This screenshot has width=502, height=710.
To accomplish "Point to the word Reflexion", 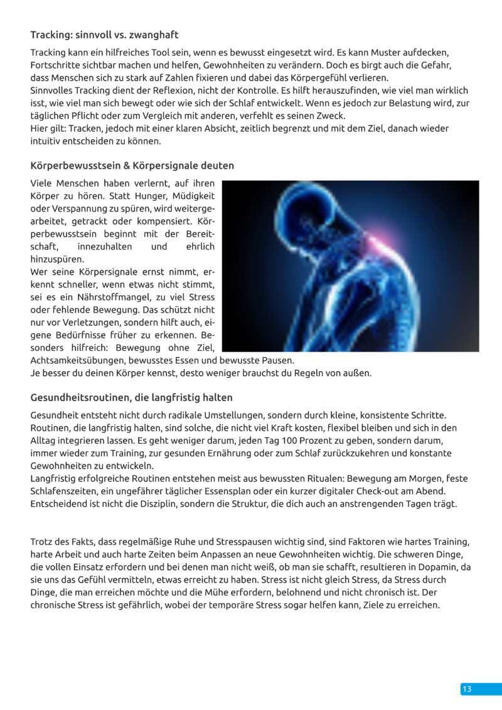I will coord(163,90).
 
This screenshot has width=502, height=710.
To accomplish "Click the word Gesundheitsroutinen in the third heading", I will coord(77,397).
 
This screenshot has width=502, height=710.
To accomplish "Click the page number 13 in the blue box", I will coord(466,689).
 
